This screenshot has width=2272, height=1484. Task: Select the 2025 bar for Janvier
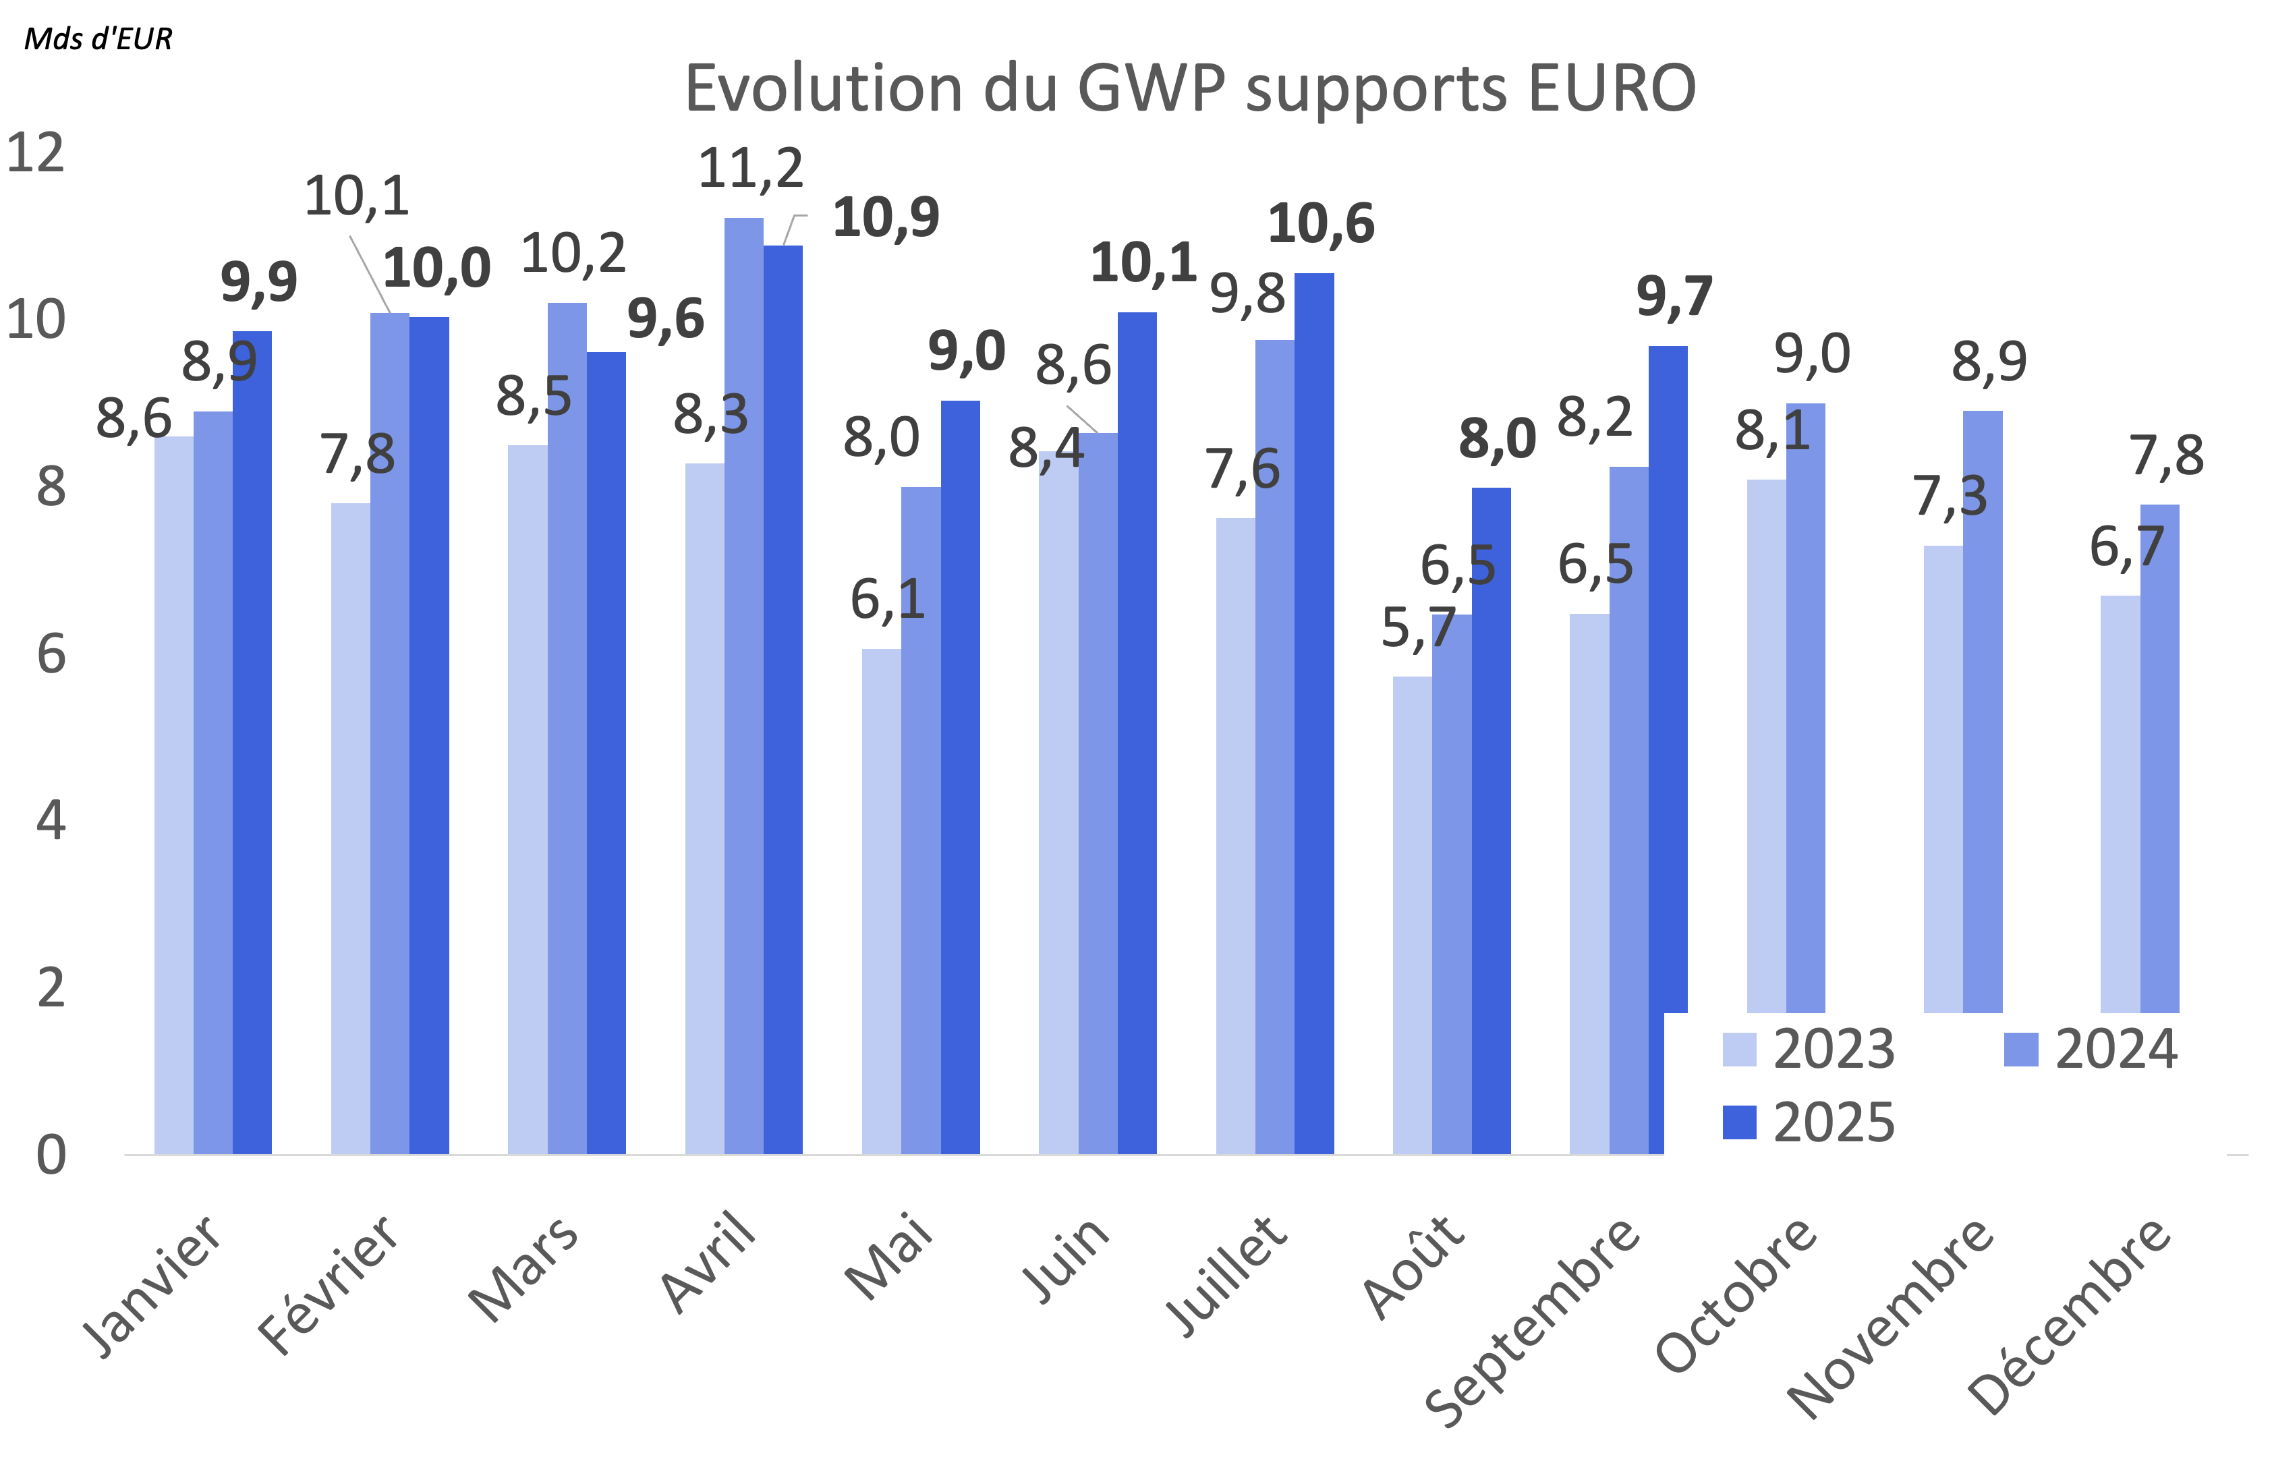click(x=252, y=745)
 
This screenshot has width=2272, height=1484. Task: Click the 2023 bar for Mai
click(x=881, y=902)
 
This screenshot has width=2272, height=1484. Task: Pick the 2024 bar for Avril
click(x=743, y=687)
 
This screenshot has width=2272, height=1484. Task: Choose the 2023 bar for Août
click(x=1412, y=916)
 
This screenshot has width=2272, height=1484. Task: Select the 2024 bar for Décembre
click(x=2159, y=759)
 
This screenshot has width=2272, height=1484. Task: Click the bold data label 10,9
click(x=886, y=219)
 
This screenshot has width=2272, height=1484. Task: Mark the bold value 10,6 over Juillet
click(x=1322, y=225)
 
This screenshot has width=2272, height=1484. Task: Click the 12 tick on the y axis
click(x=36, y=154)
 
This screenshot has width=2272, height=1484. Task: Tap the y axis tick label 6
click(x=51, y=655)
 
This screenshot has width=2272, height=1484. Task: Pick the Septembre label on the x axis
click(x=1532, y=1321)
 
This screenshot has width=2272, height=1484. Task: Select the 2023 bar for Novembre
click(x=1943, y=778)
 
